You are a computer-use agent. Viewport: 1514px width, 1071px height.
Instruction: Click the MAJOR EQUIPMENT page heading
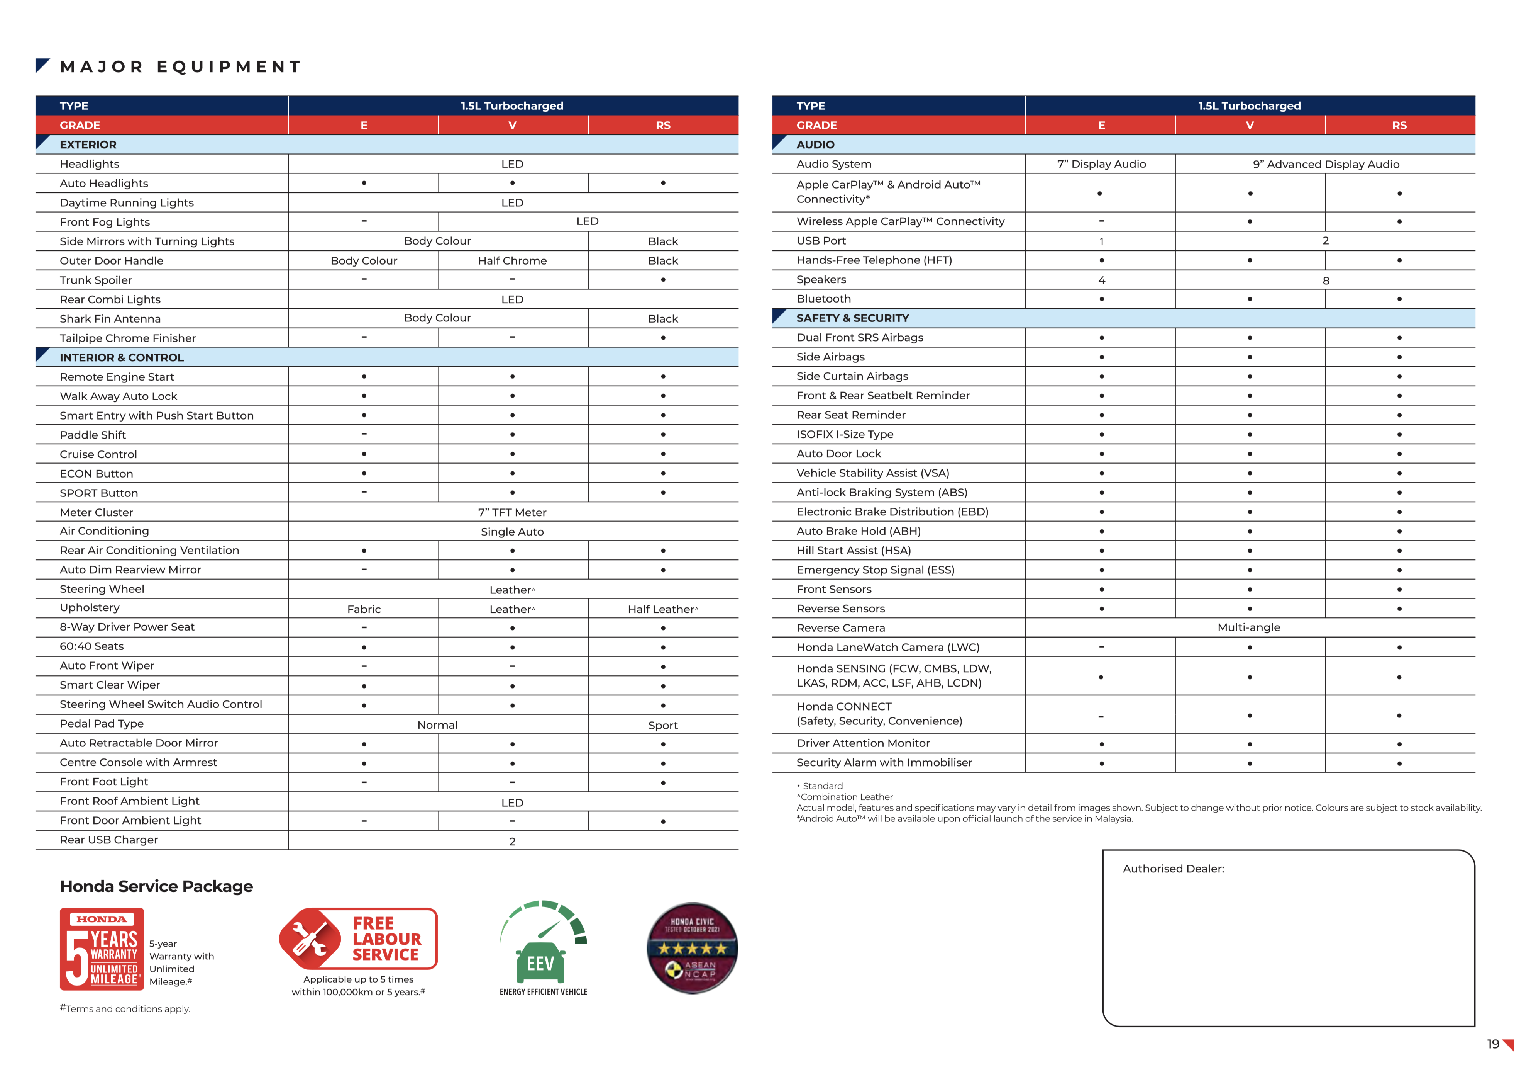pos(180,67)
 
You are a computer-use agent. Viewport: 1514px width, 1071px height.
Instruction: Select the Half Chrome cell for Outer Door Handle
pos(512,261)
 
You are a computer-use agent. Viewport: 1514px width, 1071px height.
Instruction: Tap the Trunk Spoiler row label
pos(96,280)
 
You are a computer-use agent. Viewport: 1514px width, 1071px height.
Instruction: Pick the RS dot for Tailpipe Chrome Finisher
pos(663,338)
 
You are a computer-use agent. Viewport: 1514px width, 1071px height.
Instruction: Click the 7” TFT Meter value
pos(512,512)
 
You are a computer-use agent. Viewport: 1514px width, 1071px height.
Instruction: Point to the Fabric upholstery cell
pos(364,609)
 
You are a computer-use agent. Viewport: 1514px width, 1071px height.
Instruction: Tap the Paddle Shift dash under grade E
pos(364,434)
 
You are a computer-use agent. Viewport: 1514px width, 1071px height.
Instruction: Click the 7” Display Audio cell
pos(1101,164)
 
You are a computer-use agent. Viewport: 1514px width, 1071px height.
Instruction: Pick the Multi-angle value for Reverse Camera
pos(1248,627)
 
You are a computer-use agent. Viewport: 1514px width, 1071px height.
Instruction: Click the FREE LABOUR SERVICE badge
pos(359,938)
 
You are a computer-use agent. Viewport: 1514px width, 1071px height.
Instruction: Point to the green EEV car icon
pos(541,962)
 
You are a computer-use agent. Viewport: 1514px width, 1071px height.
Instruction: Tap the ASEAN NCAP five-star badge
pos(692,948)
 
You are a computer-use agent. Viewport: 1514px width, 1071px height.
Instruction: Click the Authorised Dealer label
pos(1173,869)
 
